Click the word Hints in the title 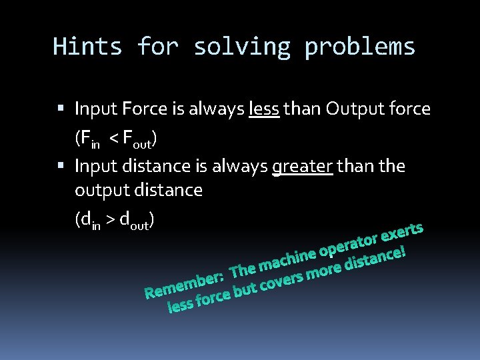[87, 47]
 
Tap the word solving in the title [242, 47]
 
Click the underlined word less [263, 109]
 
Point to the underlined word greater [302, 165]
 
